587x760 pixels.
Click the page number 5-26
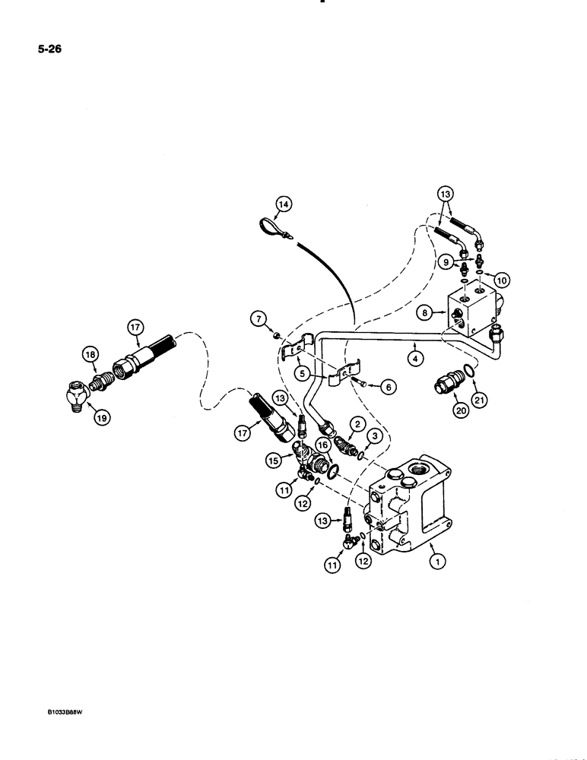[x=51, y=50]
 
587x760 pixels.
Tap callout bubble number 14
[x=284, y=204]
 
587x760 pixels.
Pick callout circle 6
[x=386, y=387]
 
